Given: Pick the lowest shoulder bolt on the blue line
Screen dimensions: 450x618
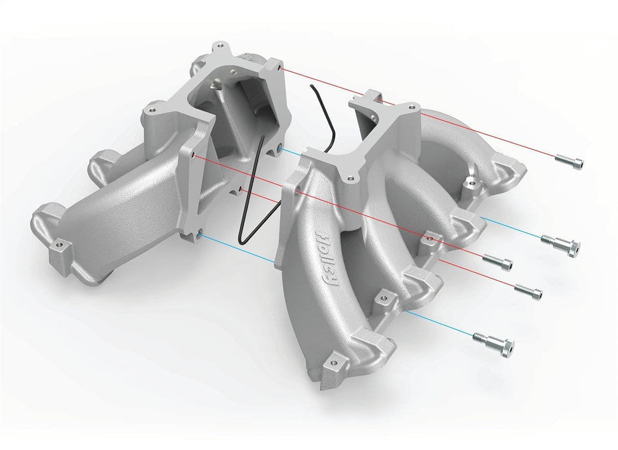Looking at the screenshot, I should pos(493,341).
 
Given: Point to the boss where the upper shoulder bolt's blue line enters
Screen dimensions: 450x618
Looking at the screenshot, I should pos(473,185).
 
